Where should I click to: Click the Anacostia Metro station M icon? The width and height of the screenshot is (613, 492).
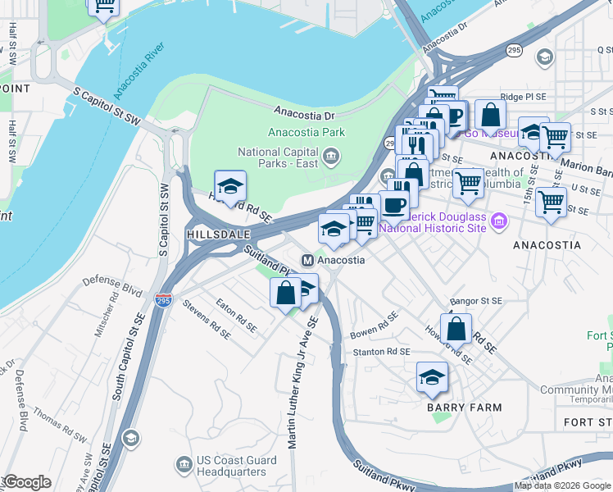pyautogui.click(x=308, y=260)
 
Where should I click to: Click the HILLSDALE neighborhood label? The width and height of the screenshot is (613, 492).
pyautogui.click(x=217, y=234)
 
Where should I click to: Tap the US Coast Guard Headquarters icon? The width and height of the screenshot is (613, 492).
pyautogui.click(x=184, y=466)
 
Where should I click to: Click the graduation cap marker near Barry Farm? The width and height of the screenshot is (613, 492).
pyautogui.click(x=432, y=376)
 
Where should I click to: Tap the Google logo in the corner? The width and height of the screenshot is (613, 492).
pyautogui.click(x=26, y=482)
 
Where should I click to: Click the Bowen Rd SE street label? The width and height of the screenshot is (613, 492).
pyautogui.click(x=374, y=326)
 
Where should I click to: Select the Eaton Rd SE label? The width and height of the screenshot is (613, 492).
pyautogui.click(x=236, y=317)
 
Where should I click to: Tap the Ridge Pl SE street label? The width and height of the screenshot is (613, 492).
pyautogui.click(x=523, y=97)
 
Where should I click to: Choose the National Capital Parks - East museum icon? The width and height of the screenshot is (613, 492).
pyautogui.click(x=331, y=156)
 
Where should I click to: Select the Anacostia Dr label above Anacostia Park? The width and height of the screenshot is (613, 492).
pyautogui.click(x=305, y=114)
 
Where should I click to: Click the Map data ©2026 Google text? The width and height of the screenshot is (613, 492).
pyautogui.click(x=563, y=485)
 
